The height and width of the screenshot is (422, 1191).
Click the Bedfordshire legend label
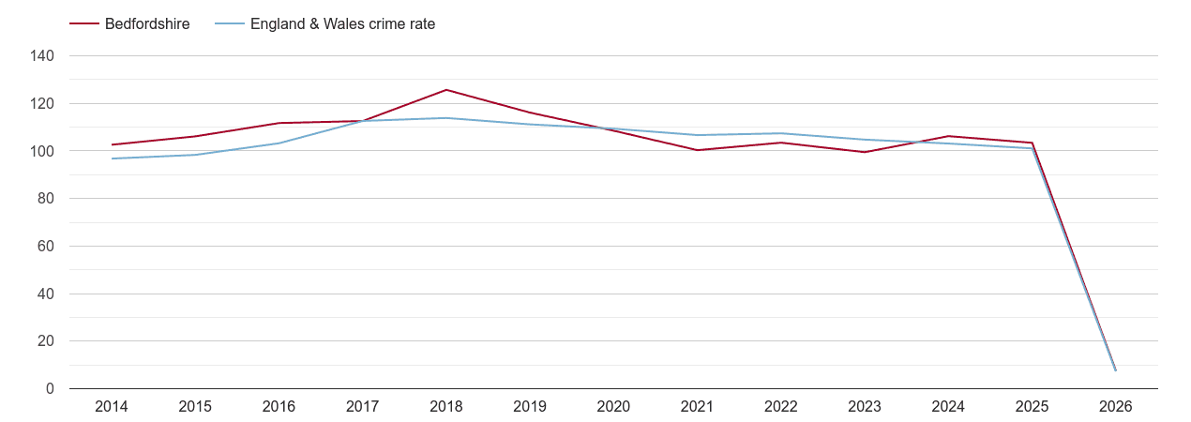click(x=147, y=24)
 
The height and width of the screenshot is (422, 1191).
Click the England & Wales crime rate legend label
click(x=342, y=24)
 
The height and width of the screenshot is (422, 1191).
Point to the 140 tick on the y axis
click(x=43, y=56)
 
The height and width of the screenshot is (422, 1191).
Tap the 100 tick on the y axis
click(x=43, y=151)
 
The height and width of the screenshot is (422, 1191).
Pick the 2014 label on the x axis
click(x=112, y=407)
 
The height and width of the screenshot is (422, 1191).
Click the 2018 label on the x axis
click(x=446, y=407)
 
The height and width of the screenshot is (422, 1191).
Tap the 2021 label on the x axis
click(x=697, y=407)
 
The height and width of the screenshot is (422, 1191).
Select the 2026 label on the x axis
click(x=1115, y=407)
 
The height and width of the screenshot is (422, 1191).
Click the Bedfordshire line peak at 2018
click(x=446, y=90)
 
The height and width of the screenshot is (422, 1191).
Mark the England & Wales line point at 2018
click(x=446, y=118)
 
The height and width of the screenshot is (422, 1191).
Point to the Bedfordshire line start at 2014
click(x=112, y=144)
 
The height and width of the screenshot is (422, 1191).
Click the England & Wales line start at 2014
click(x=112, y=158)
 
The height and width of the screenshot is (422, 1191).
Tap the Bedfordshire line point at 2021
click(x=697, y=150)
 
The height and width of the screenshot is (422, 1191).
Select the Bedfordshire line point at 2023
click(x=865, y=152)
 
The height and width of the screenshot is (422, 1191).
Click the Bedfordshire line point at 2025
click(x=1032, y=143)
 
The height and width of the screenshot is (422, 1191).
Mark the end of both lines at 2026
click(x=1115, y=370)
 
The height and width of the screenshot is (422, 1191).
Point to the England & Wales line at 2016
click(x=279, y=143)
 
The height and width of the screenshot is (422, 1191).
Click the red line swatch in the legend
click(x=84, y=24)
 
